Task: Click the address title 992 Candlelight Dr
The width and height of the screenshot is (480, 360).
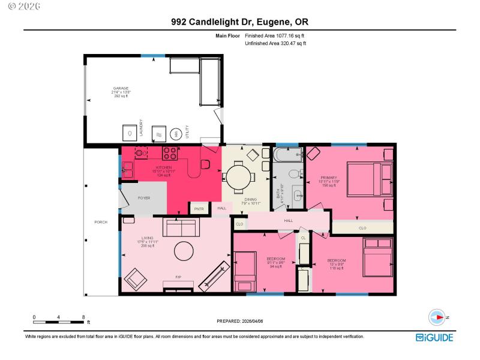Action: (239, 21)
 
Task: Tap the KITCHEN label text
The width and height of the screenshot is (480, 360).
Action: (164, 167)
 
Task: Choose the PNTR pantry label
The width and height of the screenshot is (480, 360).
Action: (199, 208)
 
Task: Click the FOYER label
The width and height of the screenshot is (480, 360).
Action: (143, 197)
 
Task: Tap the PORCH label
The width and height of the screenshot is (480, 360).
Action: (100, 222)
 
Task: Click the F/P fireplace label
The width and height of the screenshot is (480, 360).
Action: (178, 277)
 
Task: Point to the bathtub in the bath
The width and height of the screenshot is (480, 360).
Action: (288, 157)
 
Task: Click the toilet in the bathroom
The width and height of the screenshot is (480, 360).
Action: (294, 175)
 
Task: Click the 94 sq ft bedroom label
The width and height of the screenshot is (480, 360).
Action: (275, 262)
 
